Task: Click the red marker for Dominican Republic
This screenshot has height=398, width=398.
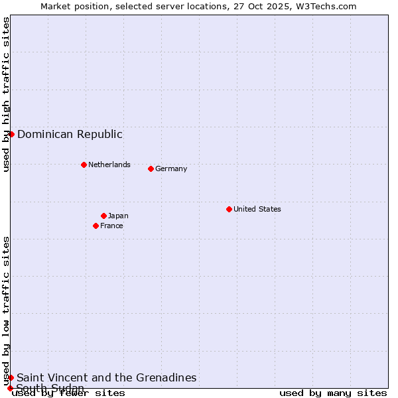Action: [x=11, y=134]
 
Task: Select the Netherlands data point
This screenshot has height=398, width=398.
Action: [x=84, y=165]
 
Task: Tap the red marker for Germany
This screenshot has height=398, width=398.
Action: [x=151, y=168]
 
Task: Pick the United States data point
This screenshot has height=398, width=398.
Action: [x=229, y=209]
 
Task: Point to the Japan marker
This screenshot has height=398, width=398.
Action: [x=103, y=216]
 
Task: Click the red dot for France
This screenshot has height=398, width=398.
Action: [x=96, y=226]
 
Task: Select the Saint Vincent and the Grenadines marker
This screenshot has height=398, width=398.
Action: [x=11, y=377]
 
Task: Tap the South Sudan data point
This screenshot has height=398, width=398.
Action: [x=10, y=388]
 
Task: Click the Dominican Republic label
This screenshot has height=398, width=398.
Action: [x=70, y=134]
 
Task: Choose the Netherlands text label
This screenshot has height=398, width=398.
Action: [x=109, y=165]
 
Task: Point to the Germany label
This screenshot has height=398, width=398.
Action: [x=171, y=168]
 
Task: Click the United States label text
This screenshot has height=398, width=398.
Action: [x=257, y=209]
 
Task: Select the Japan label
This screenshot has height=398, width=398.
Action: [x=118, y=216]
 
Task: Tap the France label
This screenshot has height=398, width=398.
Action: [x=111, y=226]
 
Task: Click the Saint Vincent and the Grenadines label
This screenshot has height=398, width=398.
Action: [x=107, y=377]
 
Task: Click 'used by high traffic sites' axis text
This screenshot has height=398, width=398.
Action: [x=6, y=94]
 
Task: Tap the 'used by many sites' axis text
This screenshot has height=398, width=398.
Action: [x=333, y=393]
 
